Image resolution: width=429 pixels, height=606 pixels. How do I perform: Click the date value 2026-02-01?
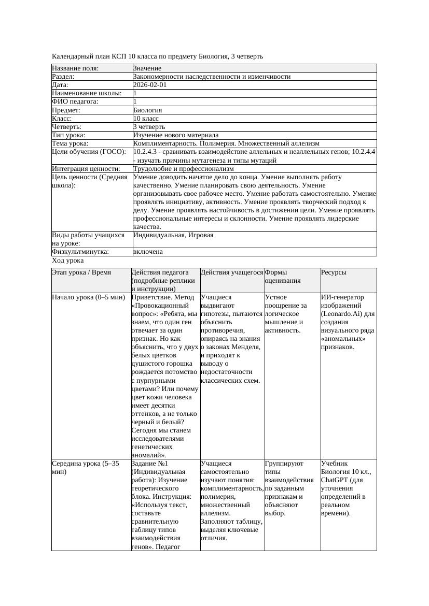point(150,85)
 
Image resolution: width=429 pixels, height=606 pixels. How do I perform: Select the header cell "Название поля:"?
point(75,68)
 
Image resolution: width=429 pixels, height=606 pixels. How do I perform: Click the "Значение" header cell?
point(147,68)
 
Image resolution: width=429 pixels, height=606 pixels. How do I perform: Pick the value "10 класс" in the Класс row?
point(146,119)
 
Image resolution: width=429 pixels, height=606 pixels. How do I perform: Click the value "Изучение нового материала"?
point(176,135)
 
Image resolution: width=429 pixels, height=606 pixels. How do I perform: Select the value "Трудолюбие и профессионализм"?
point(183,169)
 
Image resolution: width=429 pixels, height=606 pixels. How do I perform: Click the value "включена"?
point(148,252)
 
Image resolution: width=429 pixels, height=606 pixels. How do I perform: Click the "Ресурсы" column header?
point(334,272)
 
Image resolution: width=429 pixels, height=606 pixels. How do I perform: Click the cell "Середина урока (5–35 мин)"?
point(86,468)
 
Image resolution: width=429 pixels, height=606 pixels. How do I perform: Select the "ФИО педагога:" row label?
point(75,102)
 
